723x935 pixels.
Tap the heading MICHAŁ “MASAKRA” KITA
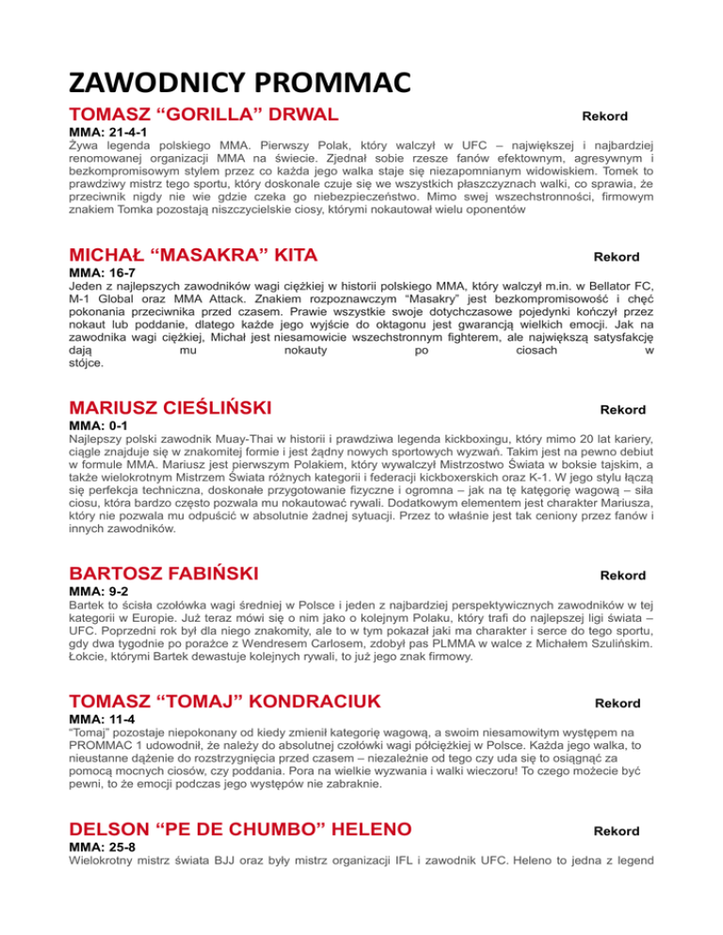click(193, 256)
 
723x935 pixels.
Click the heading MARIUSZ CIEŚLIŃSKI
click(170, 408)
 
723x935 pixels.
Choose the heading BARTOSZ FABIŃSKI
click(165, 574)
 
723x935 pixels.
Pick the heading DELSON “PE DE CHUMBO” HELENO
click(240, 830)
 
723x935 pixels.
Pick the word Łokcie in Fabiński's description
click(88, 657)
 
